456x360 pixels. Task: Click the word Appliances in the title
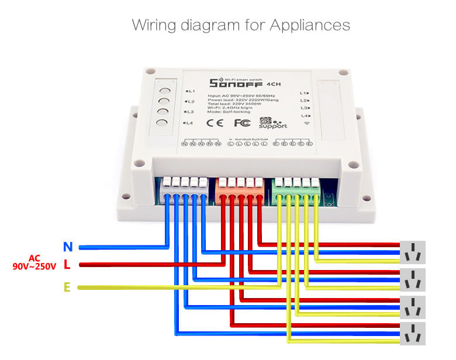click(310, 25)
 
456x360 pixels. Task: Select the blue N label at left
click(68, 247)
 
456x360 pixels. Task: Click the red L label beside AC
click(67, 265)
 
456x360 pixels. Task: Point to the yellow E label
click(67, 288)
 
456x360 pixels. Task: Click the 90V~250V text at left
click(34, 266)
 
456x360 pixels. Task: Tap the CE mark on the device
click(215, 123)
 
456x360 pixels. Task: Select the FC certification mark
click(242, 123)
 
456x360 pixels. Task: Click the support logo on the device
click(272, 122)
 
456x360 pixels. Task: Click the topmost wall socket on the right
click(412, 252)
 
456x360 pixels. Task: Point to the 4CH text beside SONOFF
click(272, 84)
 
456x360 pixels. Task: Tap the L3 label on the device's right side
click(304, 108)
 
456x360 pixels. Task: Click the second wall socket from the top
click(412, 280)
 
